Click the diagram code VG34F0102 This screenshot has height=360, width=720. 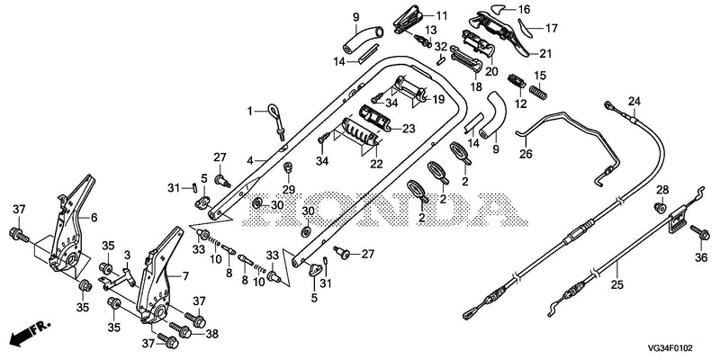(670, 348)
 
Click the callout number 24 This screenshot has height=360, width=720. (634, 101)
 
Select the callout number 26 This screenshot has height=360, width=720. (526, 154)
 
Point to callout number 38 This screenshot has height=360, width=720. (211, 334)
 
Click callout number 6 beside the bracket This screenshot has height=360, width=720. (94, 218)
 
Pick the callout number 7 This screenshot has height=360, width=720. (185, 276)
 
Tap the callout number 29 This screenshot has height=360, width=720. (289, 188)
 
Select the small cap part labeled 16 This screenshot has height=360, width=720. (499, 7)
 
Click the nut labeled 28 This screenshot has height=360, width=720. (660, 208)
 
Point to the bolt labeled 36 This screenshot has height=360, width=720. (700, 233)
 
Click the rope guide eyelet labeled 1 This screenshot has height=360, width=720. (276, 121)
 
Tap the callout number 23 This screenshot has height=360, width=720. (409, 129)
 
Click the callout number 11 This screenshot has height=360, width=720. (441, 16)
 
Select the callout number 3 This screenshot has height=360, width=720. (128, 255)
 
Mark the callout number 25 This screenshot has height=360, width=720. (617, 285)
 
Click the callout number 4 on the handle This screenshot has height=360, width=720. (250, 161)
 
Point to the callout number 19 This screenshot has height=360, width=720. (438, 99)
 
